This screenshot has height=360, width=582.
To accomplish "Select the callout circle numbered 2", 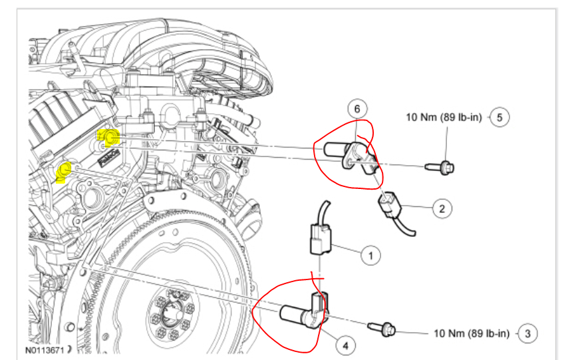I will (441, 209).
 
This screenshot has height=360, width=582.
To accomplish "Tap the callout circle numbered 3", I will (527, 333).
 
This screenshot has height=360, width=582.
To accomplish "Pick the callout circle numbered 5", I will (499, 117).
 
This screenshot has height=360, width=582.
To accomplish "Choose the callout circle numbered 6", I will (357, 108).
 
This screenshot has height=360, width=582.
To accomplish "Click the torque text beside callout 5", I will (444, 118).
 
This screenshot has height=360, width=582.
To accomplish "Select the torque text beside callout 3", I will (472, 333).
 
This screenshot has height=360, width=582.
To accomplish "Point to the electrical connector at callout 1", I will (319, 238).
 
